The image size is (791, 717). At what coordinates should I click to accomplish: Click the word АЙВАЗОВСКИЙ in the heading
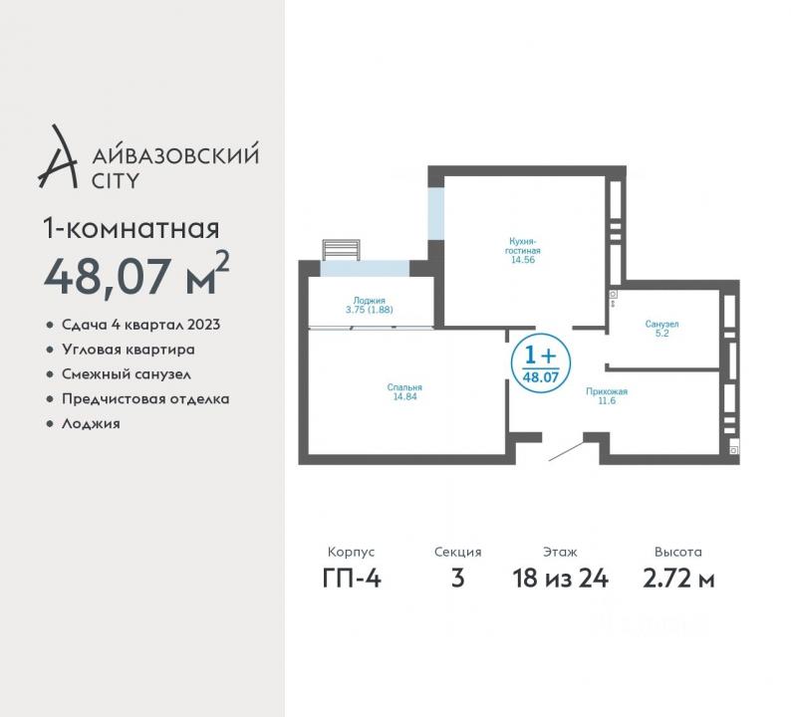tap(175, 153)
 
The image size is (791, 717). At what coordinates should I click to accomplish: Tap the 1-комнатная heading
tap(132, 229)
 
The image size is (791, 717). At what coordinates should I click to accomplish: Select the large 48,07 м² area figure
tap(136, 275)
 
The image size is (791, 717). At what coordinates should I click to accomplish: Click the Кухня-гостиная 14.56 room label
tap(523, 250)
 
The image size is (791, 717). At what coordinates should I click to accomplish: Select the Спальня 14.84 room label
tap(404, 391)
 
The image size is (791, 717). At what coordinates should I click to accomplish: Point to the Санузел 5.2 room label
tap(661, 329)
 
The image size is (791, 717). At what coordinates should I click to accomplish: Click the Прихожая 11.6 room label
tap(607, 395)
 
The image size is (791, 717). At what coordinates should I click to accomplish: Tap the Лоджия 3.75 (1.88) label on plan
tap(370, 305)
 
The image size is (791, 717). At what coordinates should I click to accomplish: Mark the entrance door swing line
tap(566, 451)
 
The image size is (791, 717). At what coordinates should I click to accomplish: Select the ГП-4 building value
tap(352, 578)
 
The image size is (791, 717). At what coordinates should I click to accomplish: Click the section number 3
tap(457, 578)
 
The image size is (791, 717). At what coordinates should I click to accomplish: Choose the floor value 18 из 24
tap(561, 578)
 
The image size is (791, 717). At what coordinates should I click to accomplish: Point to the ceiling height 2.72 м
tap(678, 578)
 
